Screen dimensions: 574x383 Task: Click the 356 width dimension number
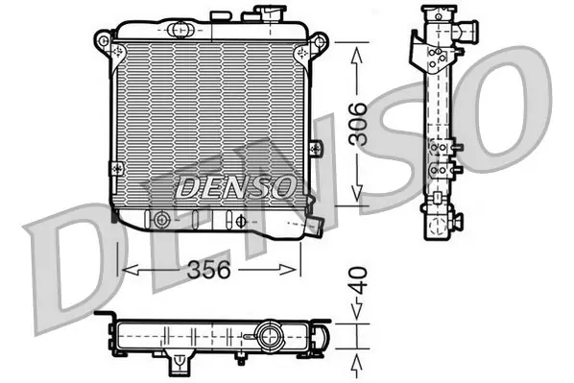pyautogui.click(x=208, y=271)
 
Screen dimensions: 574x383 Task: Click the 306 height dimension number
pyautogui.click(x=357, y=124)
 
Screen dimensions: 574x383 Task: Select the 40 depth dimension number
pyautogui.click(x=358, y=281)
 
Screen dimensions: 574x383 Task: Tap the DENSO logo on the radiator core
pyautogui.click(x=236, y=186)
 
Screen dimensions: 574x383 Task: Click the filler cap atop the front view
pyautogui.click(x=270, y=13)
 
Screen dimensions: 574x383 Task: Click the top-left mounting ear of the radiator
pyautogui.click(x=103, y=39)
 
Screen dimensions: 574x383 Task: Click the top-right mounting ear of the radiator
pyautogui.click(x=320, y=40)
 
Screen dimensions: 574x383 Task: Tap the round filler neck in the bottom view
pyautogui.click(x=270, y=335)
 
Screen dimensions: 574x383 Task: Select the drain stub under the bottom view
pyautogui.click(x=179, y=363)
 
